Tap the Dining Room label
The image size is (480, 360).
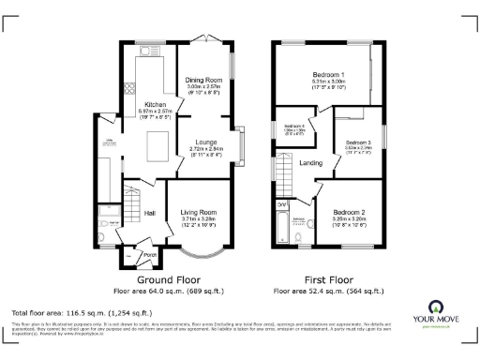click(202, 81)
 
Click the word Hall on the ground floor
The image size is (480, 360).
click(149, 213)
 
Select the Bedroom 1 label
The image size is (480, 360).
click(328, 74)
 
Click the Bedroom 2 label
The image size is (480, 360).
click(349, 212)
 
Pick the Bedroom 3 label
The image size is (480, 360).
click(356, 142)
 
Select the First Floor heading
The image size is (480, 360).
click(328, 279)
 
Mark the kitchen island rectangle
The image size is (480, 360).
click(157, 146)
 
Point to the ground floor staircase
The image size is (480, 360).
click(132, 202)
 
